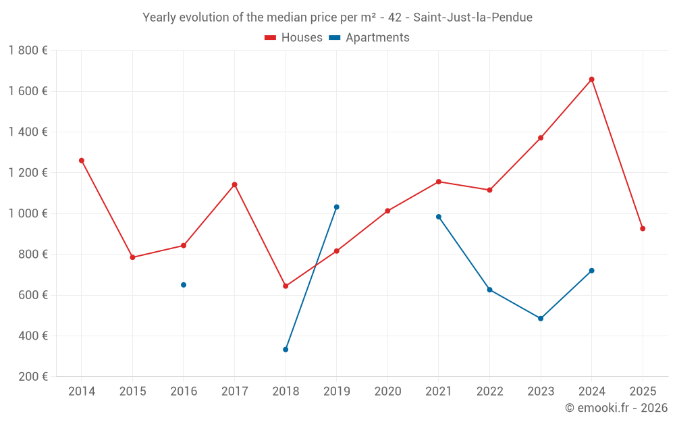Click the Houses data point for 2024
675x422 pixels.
coord(591,80)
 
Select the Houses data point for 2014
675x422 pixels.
coord(82,161)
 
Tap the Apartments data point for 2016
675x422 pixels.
coord(184,285)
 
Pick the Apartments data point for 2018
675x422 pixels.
coord(286,350)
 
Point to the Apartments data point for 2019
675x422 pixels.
coord(337,207)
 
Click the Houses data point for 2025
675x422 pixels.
coord(643,229)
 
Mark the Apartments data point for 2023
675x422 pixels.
coord(541,319)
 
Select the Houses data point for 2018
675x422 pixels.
coord(286,286)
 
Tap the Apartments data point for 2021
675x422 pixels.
coord(439,217)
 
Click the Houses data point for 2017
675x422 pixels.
coord(235,184)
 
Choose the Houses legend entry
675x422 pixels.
coord(294,38)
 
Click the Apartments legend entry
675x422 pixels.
coord(369,38)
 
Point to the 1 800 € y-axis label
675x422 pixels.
coord(28,51)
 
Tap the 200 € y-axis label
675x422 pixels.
coord(32,377)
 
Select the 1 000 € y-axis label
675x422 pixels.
coord(28,213)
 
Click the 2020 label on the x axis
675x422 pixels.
coord(387,392)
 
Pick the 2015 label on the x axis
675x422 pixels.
coord(132,392)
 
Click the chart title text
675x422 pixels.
coord(337,18)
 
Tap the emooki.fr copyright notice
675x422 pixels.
coord(616,408)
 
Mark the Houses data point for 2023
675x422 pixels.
coord(541,138)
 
